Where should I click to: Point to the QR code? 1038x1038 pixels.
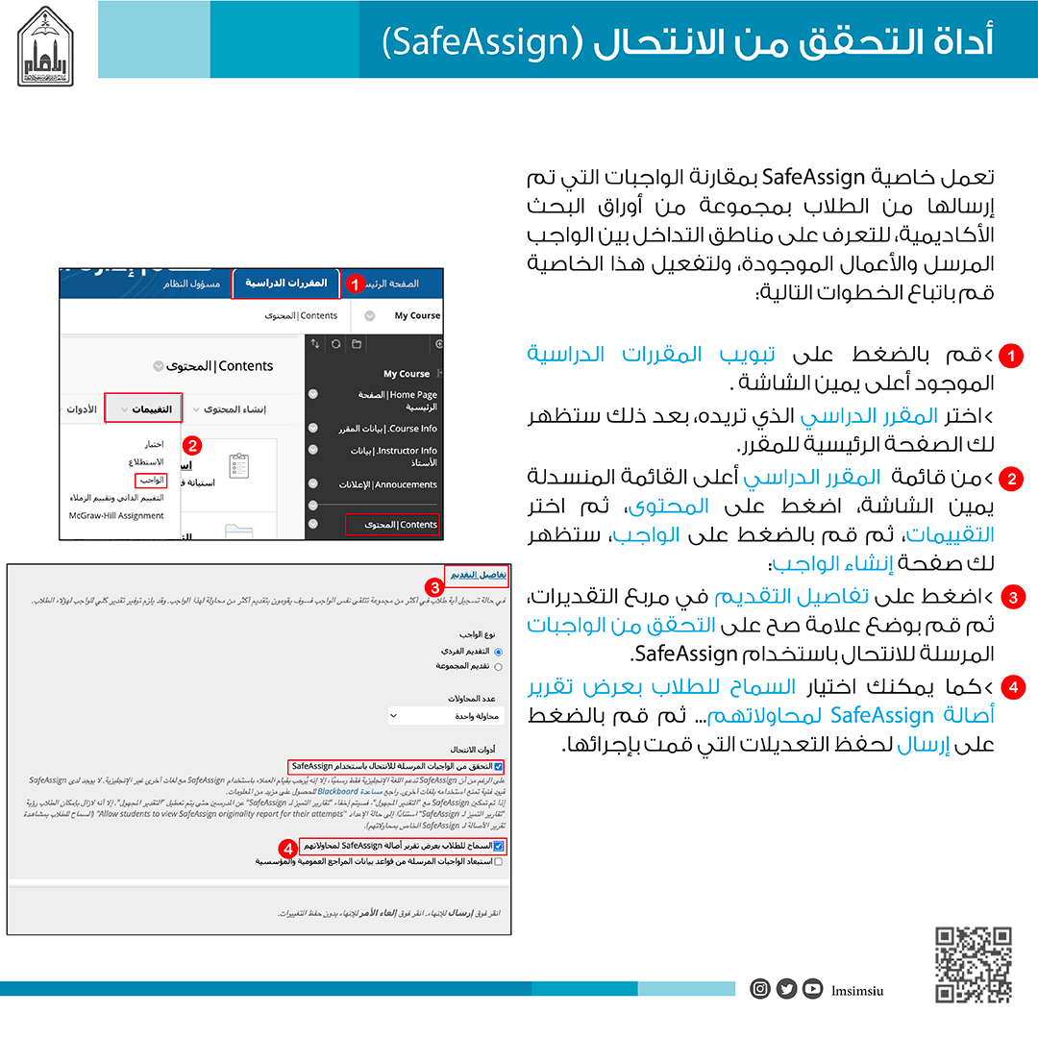[x=974, y=964]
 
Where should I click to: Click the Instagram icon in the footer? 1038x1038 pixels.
[x=760, y=988]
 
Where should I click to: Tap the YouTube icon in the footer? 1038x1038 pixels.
[x=812, y=988]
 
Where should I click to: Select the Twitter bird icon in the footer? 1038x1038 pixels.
[x=786, y=988]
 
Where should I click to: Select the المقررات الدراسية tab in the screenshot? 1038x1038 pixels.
[x=286, y=284]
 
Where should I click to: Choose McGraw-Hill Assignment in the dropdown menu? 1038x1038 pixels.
[x=115, y=515]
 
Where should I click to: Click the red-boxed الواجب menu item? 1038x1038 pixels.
[x=151, y=480]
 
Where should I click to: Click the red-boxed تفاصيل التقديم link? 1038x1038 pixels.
[x=476, y=574]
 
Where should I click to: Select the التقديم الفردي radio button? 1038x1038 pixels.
[x=498, y=652]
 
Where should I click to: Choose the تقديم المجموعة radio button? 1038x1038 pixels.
[x=498, y=666]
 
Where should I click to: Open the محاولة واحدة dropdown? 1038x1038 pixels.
[x=446, y=716]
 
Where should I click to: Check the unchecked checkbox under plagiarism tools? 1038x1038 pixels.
[x=498, y=862]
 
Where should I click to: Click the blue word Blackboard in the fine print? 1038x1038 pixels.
[x=337, y=792]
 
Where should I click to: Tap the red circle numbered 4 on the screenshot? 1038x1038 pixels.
[x=286, y=849]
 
